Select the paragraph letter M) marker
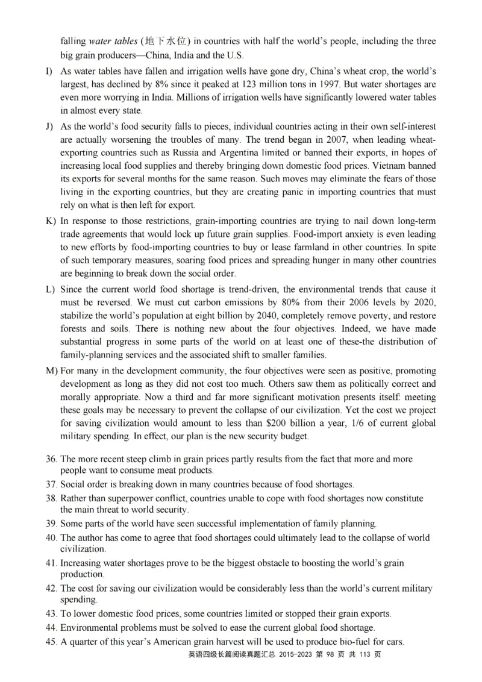pos(52,371)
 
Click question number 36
pos(51,459)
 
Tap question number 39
pos(51,524)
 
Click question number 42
pos(51,588)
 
